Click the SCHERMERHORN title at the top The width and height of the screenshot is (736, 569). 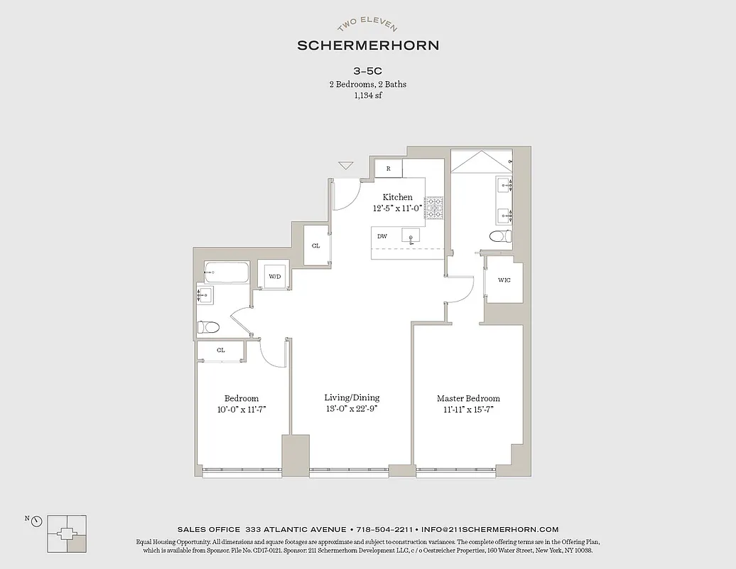point(367,46)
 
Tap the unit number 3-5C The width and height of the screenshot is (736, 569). point(367,71)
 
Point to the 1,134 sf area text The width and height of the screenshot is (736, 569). point(367,96)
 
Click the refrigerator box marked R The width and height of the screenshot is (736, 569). point(388,169)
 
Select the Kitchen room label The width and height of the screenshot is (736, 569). point(397,197)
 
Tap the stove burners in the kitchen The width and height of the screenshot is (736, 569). point(433,208)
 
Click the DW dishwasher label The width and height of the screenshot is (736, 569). point(382,236)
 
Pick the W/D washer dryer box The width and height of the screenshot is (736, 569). point(274,277)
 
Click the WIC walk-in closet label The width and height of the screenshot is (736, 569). point(504,280)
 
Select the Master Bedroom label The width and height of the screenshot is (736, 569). point(468,398)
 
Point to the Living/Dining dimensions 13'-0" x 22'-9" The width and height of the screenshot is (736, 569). point(352,409)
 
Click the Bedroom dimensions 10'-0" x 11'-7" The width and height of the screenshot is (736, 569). point(242,410)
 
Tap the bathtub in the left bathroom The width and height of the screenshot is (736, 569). point(227,272)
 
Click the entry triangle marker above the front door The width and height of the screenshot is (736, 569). point(346,166)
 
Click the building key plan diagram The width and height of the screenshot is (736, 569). point(67,533)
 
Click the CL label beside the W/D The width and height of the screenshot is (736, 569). point(315,245)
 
